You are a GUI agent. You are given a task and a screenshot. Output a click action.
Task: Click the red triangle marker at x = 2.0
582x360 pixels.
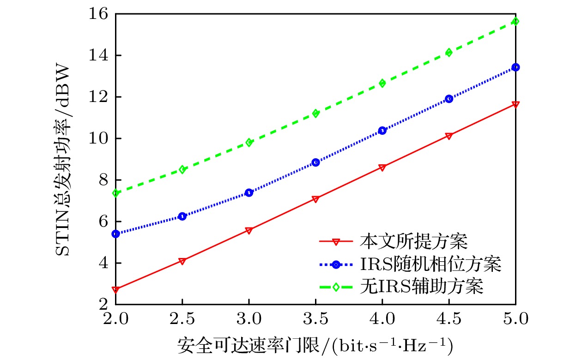pos(116,289)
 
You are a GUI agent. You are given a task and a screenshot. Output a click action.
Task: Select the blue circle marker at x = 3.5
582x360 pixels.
pos(316,162)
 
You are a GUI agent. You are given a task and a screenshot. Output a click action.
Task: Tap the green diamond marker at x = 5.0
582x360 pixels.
pos(516,21)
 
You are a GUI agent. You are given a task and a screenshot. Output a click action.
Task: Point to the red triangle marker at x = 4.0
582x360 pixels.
pos(382,167)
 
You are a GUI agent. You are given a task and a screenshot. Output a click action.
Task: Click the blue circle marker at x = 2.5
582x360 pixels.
pos(182,216)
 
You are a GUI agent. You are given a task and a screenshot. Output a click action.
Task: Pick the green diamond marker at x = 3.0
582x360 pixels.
pos(249,142)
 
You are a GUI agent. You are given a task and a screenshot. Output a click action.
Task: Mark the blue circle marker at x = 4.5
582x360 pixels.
pos(449,99)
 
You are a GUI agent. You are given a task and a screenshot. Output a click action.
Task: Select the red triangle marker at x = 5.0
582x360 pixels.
pos(516,104)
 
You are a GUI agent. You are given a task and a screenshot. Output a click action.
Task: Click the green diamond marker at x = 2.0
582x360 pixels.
pos(116,193)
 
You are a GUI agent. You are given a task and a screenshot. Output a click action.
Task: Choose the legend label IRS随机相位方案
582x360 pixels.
pos(430,264)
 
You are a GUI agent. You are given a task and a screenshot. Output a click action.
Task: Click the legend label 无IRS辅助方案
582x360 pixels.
pos(421,287)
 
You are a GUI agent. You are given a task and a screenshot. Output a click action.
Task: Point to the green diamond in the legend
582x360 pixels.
pos(336,287)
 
